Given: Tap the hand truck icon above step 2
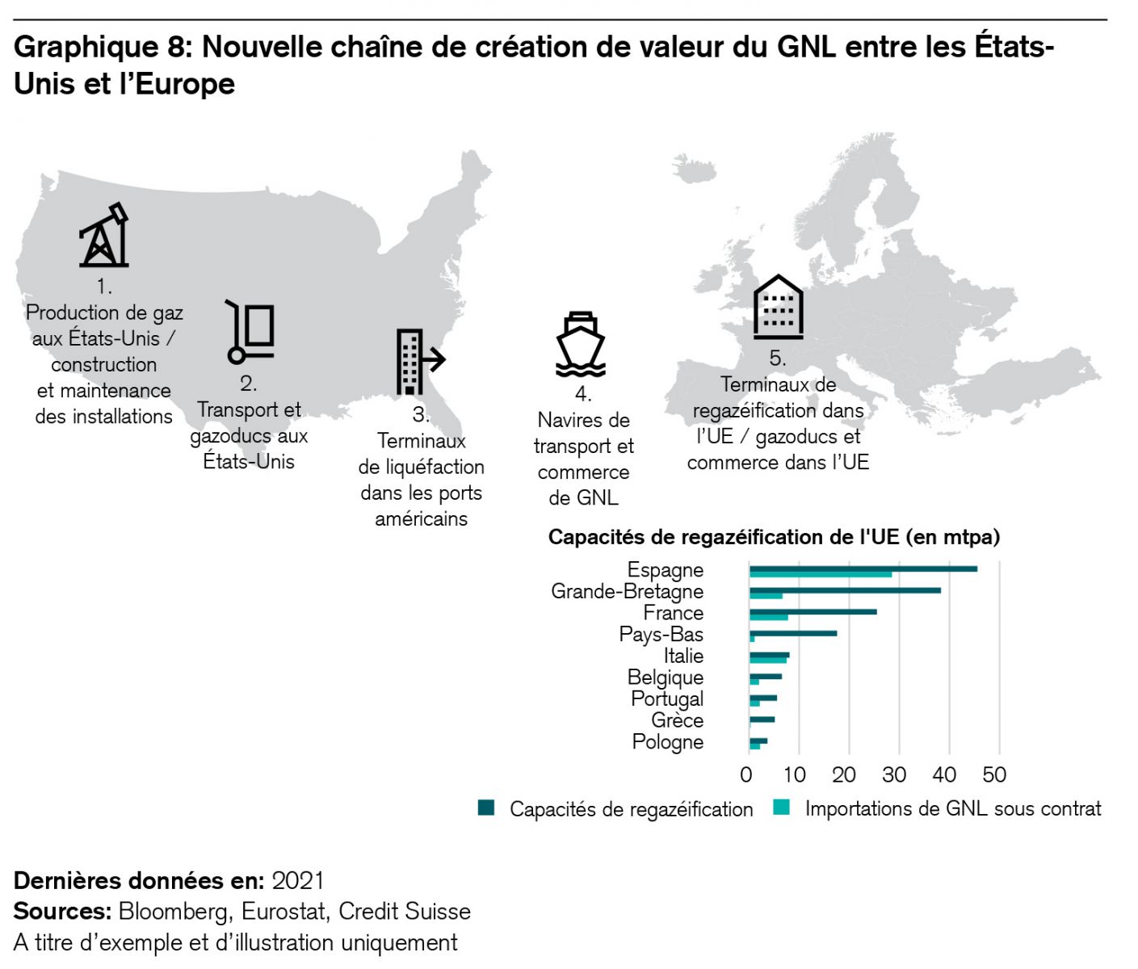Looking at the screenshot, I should (x=251, y=332).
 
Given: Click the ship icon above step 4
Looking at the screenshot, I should (x=581, y=344).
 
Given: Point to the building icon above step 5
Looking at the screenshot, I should (x=778, y=307).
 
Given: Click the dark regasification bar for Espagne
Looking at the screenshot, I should (x=863, y=568).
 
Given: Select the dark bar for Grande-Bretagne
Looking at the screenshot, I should (x=845, y=590).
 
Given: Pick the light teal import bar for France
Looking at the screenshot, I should (x=768, y=618).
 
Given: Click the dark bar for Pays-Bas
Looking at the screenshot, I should (x=793, y=633).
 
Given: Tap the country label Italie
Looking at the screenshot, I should (x=683, y=656).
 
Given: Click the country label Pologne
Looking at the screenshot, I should (x=667, y=742).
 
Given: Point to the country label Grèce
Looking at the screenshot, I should (x=677, y=720).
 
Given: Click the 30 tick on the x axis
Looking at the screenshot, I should (x=894, y=775).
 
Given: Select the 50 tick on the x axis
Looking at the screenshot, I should (x=994, y=775).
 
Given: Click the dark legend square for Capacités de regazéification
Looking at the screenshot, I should (x=486, y=808).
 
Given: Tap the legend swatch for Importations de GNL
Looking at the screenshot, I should (x=781, y=807).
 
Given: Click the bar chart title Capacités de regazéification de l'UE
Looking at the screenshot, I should (x=774, y=537).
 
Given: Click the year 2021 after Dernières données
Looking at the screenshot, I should (x=298, y=880).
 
